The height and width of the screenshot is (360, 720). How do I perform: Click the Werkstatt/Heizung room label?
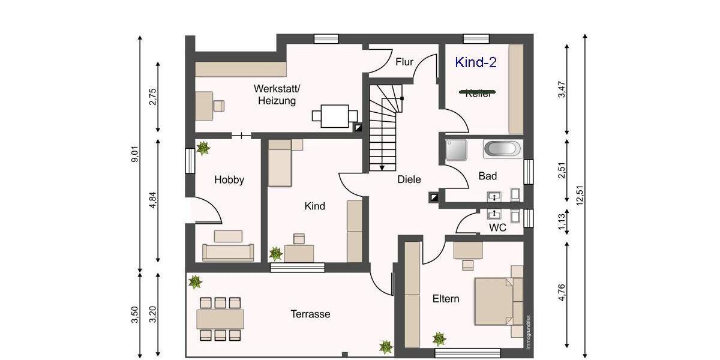(277, 95)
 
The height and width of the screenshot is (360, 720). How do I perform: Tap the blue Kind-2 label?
(476, 62)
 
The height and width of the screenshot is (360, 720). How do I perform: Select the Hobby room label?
(229, 179)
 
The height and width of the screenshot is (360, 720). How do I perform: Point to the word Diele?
(409, 179)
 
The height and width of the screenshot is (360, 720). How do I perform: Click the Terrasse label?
(310, 314)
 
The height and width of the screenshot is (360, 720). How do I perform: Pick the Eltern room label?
(446, 298)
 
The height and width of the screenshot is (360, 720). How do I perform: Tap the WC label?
(497, 228)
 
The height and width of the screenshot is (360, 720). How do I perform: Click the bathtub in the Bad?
(503, 149)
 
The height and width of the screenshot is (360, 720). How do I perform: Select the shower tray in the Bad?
(456, 150)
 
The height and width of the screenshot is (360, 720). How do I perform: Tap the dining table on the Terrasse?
(220, 319)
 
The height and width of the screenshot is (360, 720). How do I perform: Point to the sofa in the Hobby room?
(228, 252)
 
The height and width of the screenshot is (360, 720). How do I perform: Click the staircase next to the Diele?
(382, 127)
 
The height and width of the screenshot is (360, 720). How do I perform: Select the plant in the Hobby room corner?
(203, 148)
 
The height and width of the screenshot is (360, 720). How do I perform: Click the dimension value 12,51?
(580, 195)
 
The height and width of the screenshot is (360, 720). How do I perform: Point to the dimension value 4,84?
(153, 200)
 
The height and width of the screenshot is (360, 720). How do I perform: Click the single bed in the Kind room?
(280, 163)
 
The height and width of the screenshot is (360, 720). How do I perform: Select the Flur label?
(404, 62)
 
